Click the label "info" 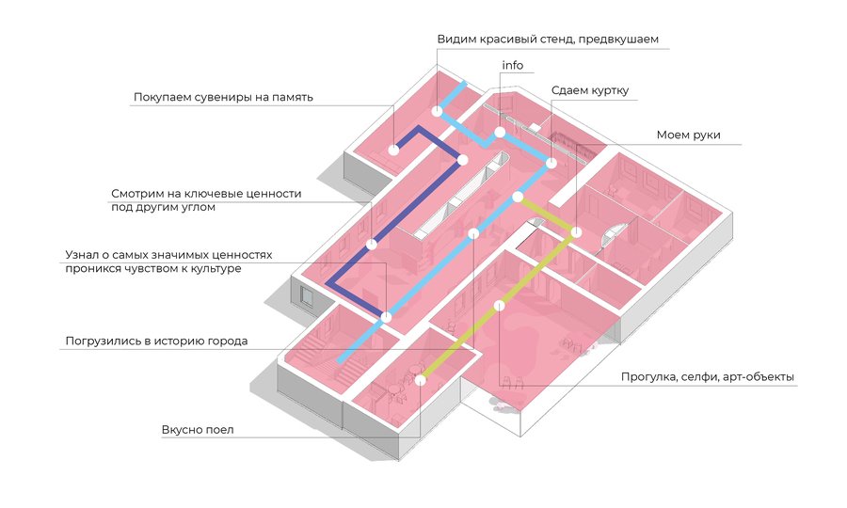tap(513, 66)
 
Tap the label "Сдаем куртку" tap(590, 91)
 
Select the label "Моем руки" tap(688, 135)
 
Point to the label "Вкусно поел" tap(198, 431)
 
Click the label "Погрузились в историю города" tap(156, 341)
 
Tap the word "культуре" tap(215, 269)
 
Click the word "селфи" tap(700, 378)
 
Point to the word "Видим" tap(456, 40)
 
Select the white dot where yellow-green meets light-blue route tap(518, 197)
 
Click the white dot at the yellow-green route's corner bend tap(576, 230)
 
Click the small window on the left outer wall tap(307, 296)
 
